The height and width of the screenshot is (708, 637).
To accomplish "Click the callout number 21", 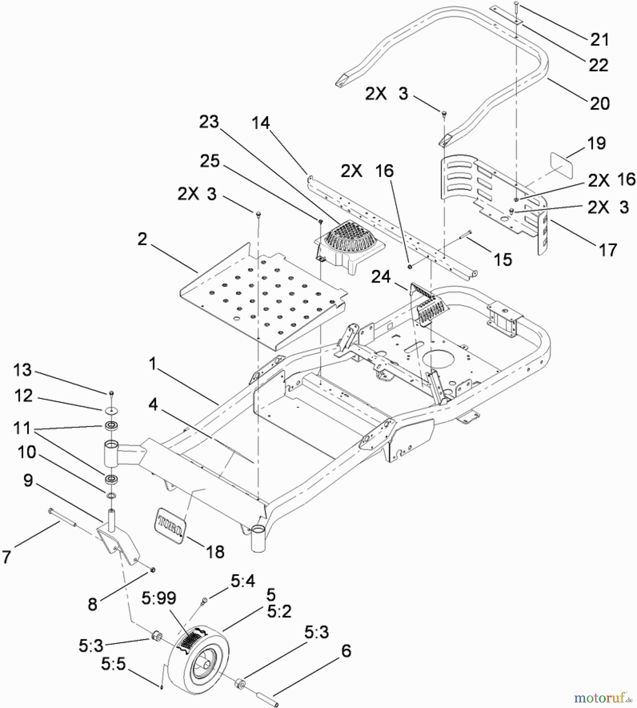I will pos(599,40).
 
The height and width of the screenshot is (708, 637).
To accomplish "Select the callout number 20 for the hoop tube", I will pos(599,103).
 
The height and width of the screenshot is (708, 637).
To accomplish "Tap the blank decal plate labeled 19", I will pos(561,166).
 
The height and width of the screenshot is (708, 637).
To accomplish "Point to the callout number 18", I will pos(215,552).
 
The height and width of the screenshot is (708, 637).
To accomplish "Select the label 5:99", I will pos(159,598).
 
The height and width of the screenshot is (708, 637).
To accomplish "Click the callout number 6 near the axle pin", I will pos(346,651).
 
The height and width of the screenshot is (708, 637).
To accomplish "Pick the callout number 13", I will pos(22,370).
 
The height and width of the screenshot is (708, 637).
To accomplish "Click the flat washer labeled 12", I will pos(112,410).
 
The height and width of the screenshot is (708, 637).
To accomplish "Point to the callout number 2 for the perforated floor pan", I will pos(142,239).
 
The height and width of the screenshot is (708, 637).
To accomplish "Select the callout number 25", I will pos(210,161).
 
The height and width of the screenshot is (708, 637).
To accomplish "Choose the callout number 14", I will pos(261,123).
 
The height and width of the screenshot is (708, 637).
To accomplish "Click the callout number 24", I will pos(381,277).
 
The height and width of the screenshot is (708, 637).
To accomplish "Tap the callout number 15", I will pos(503,260).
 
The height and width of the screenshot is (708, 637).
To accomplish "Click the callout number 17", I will pos(608,250).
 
